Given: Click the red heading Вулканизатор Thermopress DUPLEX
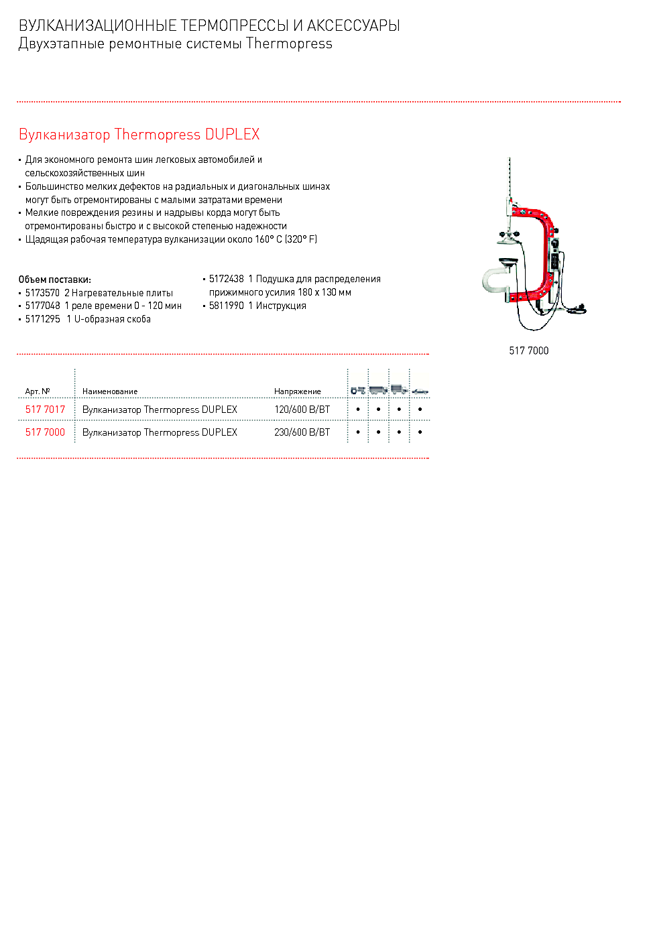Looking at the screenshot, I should point(139,134).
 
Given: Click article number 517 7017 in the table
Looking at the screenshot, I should point(45,410).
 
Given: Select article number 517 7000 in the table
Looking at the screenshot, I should point(45,432).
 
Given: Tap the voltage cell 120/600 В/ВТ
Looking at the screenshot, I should point(302,410).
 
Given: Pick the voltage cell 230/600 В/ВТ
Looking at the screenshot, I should point(302,432).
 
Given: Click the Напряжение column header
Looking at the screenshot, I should point(297,391).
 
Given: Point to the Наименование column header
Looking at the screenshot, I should point(110,391).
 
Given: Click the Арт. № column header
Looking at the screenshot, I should point(38,391).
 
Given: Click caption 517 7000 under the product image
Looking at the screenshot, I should point(528,351).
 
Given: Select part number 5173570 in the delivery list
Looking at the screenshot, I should point(42,293).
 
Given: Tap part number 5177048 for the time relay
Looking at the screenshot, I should point(42,306).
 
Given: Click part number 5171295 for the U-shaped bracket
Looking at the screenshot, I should point(42,319).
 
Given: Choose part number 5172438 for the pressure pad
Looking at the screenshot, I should point(226,279).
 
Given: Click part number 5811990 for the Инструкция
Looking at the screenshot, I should point(226,306).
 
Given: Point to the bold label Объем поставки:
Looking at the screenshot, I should point(54,280).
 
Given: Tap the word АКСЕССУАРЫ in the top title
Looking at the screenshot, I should point(353,25).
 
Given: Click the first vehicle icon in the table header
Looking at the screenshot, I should point(358,389).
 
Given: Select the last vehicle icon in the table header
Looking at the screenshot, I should point(420,390).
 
